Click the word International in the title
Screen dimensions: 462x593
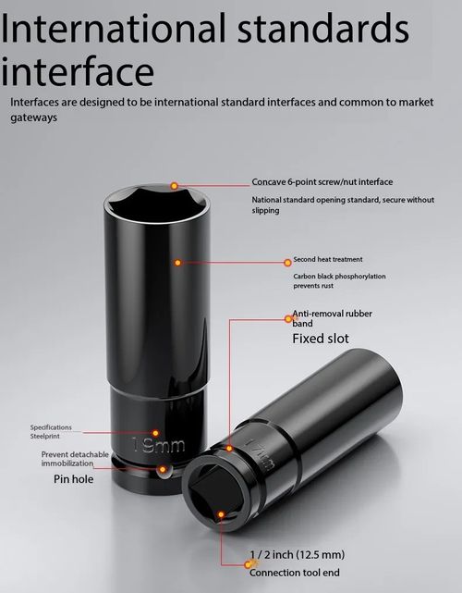tap(114, 29)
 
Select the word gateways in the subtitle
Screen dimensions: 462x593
tap(33, 117)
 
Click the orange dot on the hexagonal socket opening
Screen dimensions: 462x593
tap(174, 186)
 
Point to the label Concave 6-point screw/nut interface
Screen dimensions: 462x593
tap(322, 182)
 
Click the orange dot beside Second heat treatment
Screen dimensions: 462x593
tap(288, 263)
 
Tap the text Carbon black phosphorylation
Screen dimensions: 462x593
tap(339, 276)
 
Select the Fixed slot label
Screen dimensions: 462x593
tap(321, 339)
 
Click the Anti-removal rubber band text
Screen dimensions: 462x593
tap(332, 318)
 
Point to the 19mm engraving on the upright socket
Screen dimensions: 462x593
tap(159, 446)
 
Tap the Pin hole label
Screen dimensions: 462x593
tap(73, 479)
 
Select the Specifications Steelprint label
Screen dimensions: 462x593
tap(51, 431)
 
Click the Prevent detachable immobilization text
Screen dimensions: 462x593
tap(75, 459)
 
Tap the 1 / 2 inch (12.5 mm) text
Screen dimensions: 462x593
tap(297, 555)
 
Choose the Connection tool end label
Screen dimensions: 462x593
tap(294, 573)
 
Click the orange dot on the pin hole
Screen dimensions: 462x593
tap(163, 469)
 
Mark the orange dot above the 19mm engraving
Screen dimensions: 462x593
tap(155, 433)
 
